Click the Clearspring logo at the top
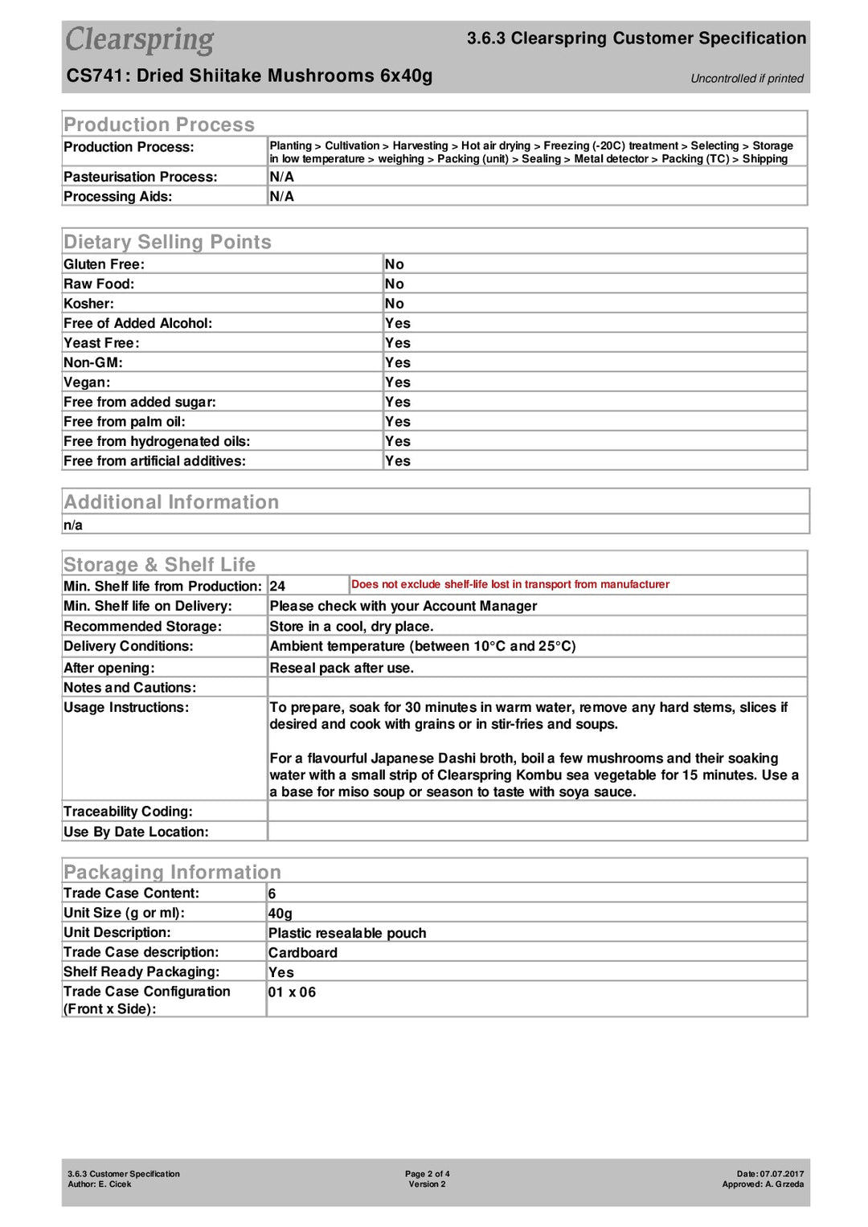click(139, 40)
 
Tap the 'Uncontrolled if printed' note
click(747, 79)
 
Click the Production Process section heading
click(159, 125)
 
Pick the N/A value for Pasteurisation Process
click(281, 177)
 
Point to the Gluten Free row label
click(104, 264)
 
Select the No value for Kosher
click(394, 304)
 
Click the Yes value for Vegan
click(397, 382)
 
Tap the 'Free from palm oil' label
click(124, 422)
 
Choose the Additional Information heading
click(171, 502)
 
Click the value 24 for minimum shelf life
click(277, 587)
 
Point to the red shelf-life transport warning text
click(510, 585)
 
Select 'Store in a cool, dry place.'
click(351, 627)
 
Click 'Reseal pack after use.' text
click(342, 669)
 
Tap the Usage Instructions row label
click(126, 708)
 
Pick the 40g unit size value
click(280, 914)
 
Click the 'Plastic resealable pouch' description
click(347, 934)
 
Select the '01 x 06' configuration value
click(292, 992)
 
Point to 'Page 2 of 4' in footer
click(427, 1174)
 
